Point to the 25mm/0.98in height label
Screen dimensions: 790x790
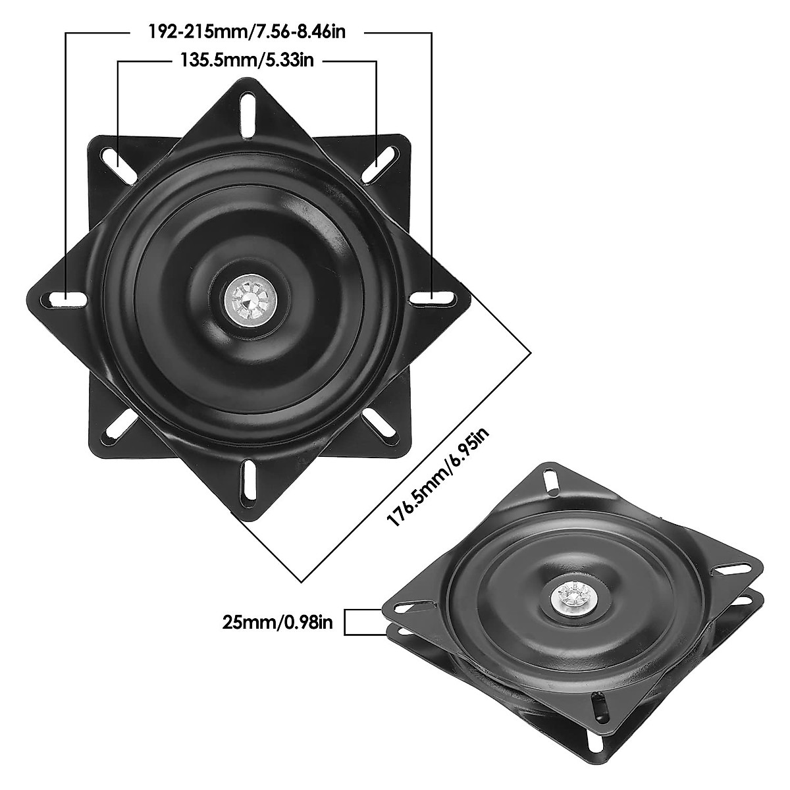click(x=276, y=623)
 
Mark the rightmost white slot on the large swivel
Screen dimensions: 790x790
click(x=433, y=299)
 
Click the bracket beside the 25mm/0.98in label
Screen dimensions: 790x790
click(x=362, y=623)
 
